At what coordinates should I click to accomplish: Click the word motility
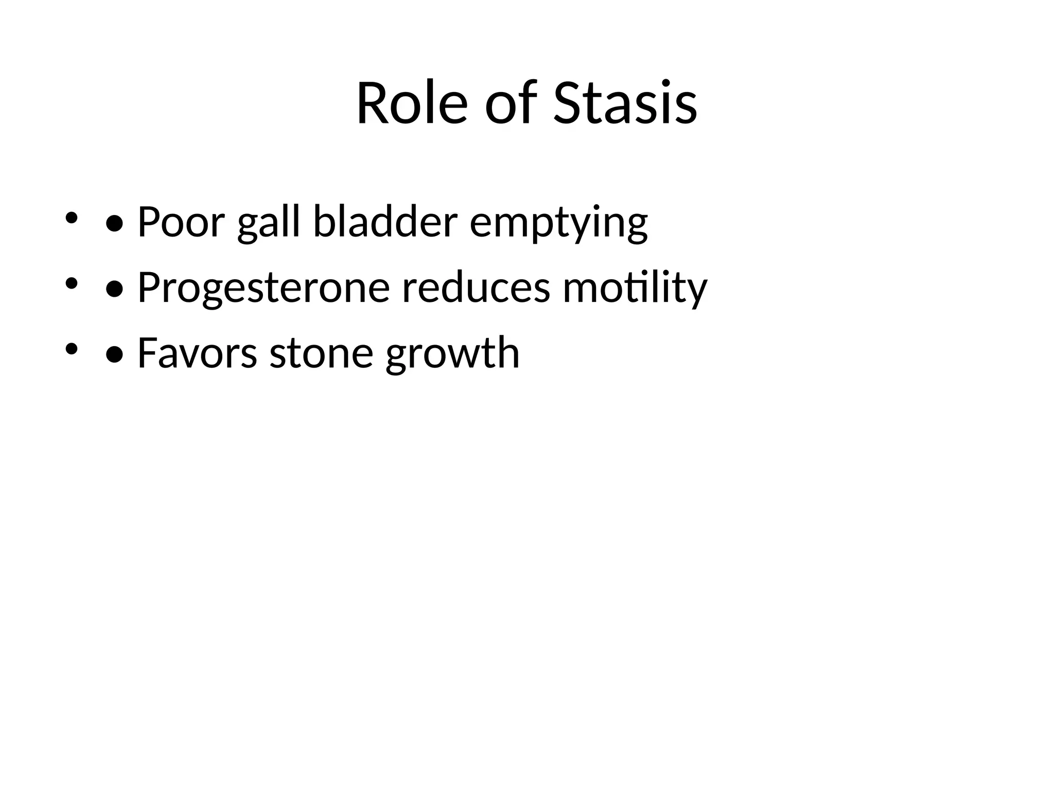pos(635,288)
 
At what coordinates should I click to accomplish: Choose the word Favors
pos(197,353)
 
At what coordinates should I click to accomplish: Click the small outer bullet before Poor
pos(71,218)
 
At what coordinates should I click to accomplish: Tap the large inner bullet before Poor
pos(114,224)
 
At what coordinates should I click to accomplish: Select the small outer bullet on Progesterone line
pos(71,283)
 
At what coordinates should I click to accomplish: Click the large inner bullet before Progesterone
pos(114,290)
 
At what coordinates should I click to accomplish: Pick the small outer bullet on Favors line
pos(71,349)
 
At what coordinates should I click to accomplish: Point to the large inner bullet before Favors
pos(114,355)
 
